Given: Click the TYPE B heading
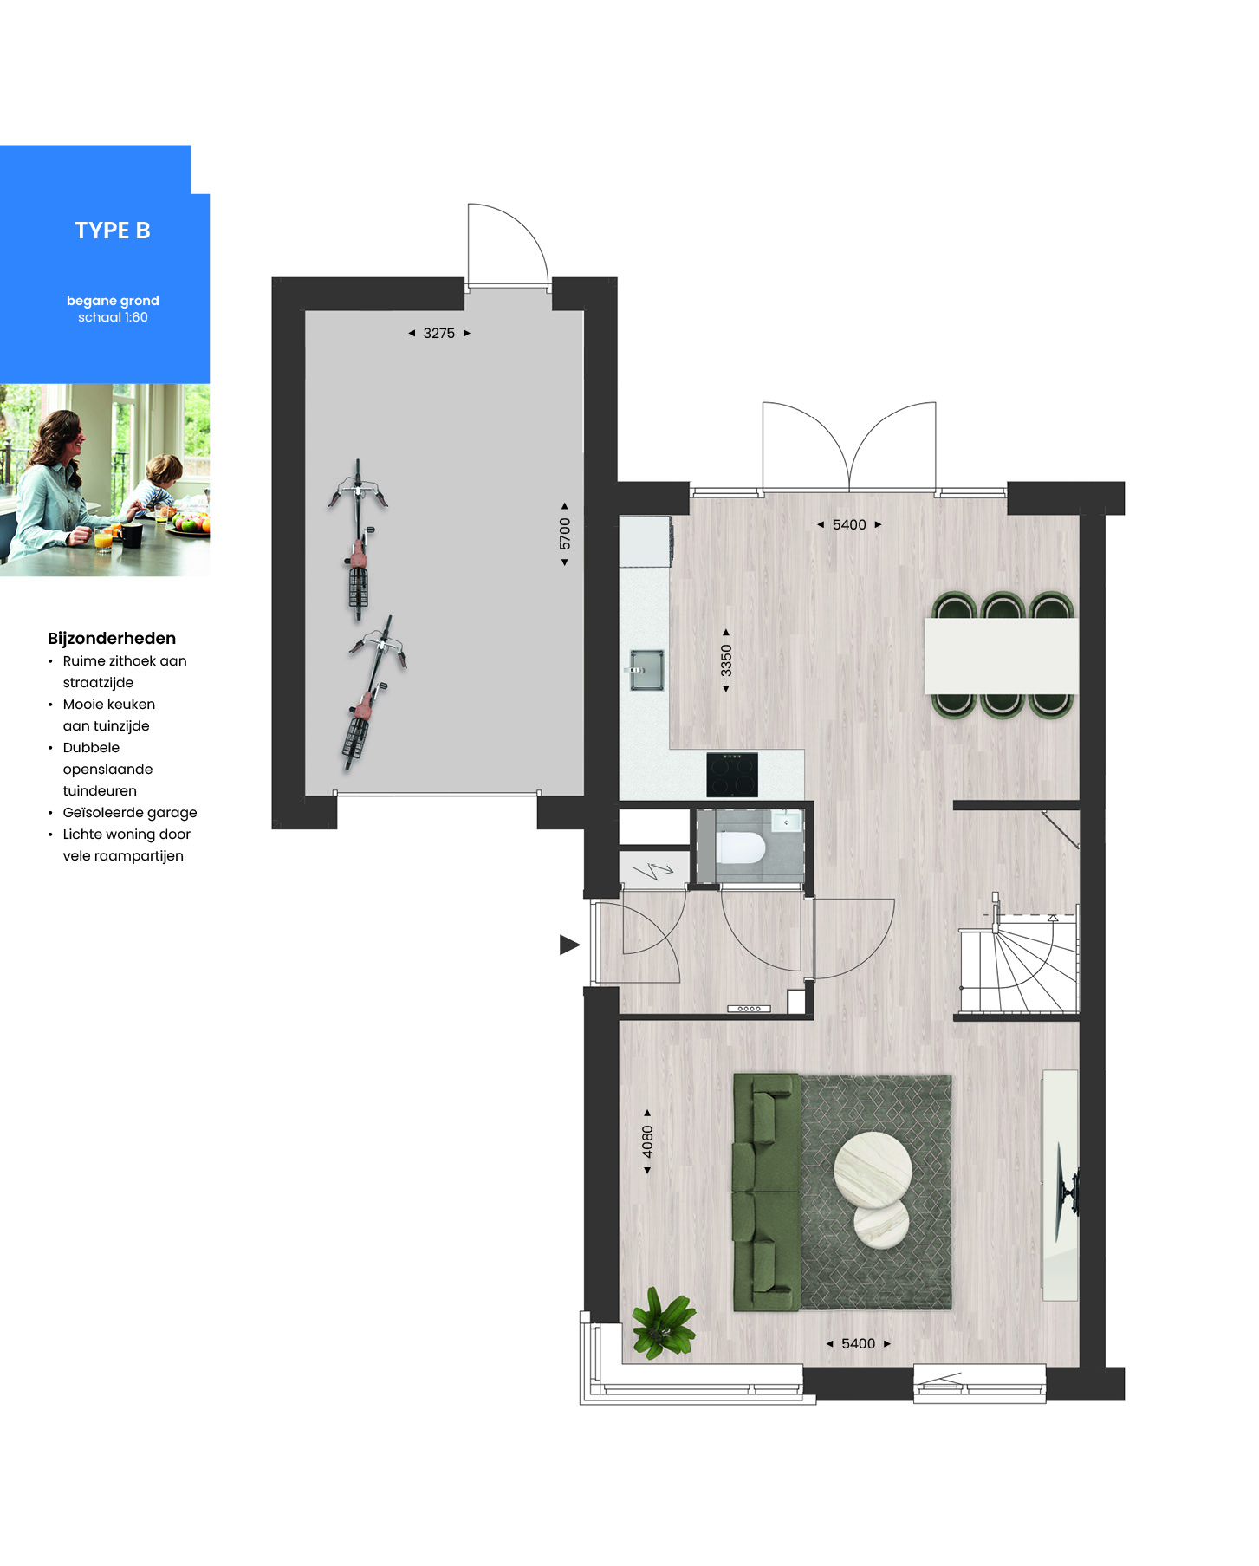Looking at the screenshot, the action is [113, 231].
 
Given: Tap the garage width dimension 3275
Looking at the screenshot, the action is [439, 333].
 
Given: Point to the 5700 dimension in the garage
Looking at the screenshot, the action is [565, 534].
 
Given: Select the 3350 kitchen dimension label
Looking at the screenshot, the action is [726, 660].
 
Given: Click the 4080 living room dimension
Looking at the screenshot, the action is [647, 1141].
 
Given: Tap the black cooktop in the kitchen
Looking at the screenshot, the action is [732, 774].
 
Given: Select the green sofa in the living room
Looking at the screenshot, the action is [767, 1192].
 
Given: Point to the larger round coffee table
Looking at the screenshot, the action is [873, 1170].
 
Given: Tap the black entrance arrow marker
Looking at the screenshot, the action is [569, 945].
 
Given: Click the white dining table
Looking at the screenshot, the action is [1002, 655].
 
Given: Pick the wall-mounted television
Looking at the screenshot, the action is [1066, 1187].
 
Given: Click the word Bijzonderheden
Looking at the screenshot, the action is [112, 639].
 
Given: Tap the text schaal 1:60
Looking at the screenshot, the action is [113, 317].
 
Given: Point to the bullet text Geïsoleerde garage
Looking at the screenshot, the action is [130, 813].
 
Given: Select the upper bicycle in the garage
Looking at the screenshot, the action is [358, 537].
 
